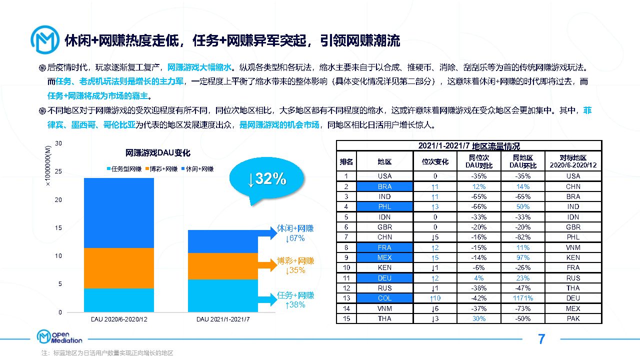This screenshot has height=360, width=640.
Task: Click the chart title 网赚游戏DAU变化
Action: (x=158, y=152)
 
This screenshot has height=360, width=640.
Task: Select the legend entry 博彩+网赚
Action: (x=161, y=169)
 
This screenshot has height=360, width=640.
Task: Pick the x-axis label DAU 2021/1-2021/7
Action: (x=222, y=319)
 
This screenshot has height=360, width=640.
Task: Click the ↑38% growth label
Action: (x=295, y=304)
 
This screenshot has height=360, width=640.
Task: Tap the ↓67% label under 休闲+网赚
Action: (x=295, y=238)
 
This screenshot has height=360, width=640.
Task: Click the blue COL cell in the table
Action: (x=384, y=298)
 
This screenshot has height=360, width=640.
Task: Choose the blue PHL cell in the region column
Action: (x=384, y=206)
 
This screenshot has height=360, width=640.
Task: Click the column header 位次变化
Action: (x=435, y=161)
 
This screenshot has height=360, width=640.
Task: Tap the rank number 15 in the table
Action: (x=345, y=318)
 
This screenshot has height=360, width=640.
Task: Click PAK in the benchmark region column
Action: (x=573, y=318)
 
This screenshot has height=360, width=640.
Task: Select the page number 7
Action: (x=541, y=339)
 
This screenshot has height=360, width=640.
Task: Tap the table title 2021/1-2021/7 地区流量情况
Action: (x=469, y=146)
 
